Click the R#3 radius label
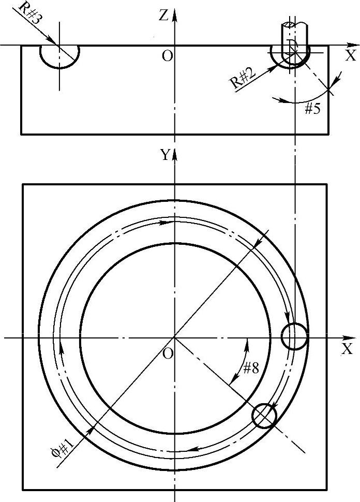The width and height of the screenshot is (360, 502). (30, 13)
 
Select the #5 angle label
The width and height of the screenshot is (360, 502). (312, 109)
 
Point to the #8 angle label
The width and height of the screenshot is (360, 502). (251, 368)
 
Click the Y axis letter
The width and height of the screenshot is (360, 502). (165, 155)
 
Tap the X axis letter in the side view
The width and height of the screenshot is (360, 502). (351, 56)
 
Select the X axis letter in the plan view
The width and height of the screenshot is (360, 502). (347, 349)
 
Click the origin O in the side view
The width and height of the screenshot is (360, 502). (168, 56)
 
